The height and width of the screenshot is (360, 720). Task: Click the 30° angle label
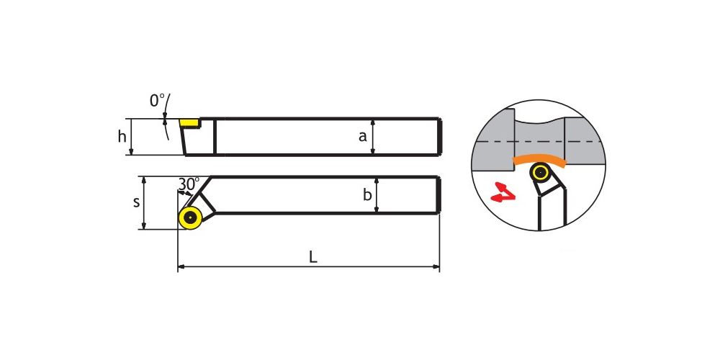[x=188, y=184]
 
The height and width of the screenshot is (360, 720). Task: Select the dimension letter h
[x=122, y=136]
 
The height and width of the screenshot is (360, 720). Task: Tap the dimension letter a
[x=363, y=136]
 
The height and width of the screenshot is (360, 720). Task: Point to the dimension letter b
[x=367, y=194]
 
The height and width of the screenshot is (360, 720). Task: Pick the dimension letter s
[x=136, y=202]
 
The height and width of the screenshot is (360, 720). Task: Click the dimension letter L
[x=312, y=257]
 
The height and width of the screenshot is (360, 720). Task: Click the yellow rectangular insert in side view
[x=189, y=122]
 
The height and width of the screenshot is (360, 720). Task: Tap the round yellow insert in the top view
[x=190, y=217]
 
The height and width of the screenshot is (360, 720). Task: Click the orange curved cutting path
[x=539, y=159]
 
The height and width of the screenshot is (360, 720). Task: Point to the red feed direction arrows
[x=503, y=192]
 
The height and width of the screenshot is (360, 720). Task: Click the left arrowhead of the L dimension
[x=180, y=266]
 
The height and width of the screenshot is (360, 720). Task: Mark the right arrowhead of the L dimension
[x=437, y=266]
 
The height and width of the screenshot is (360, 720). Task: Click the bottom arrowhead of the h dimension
[x=131, y=152]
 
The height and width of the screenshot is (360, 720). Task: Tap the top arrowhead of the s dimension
[x=144, y=179]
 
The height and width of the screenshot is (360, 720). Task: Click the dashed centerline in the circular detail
[x=538, y=142]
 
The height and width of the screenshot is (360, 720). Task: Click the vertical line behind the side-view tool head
[x=215, y=136]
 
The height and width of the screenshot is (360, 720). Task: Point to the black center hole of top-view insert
[x=189, y=217]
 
